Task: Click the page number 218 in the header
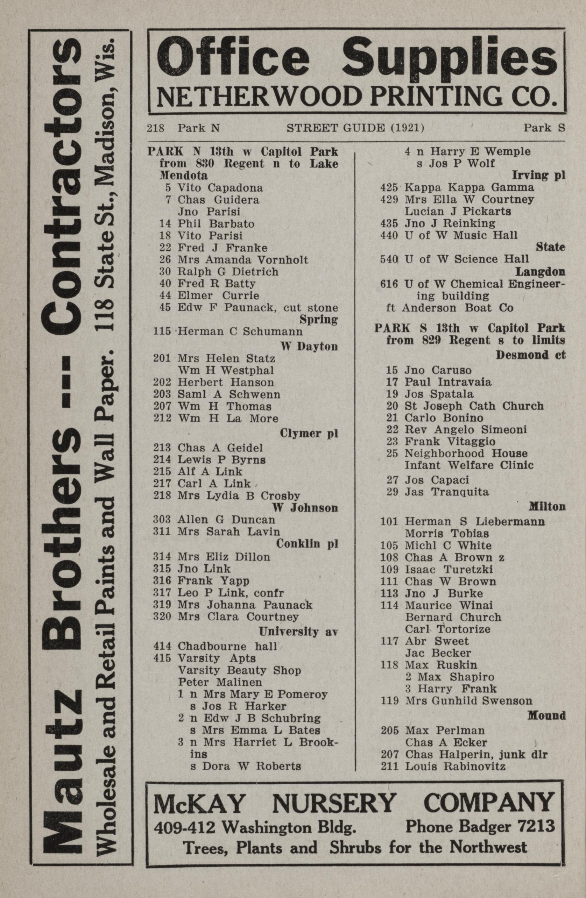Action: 155,129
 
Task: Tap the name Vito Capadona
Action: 220,187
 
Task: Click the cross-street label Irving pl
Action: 538,176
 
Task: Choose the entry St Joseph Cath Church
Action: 474,406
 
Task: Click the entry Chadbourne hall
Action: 228,646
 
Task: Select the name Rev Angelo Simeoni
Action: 466,430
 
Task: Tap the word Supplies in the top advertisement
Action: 449,60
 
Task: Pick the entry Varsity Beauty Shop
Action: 239,670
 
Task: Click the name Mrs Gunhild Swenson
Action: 468,701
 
